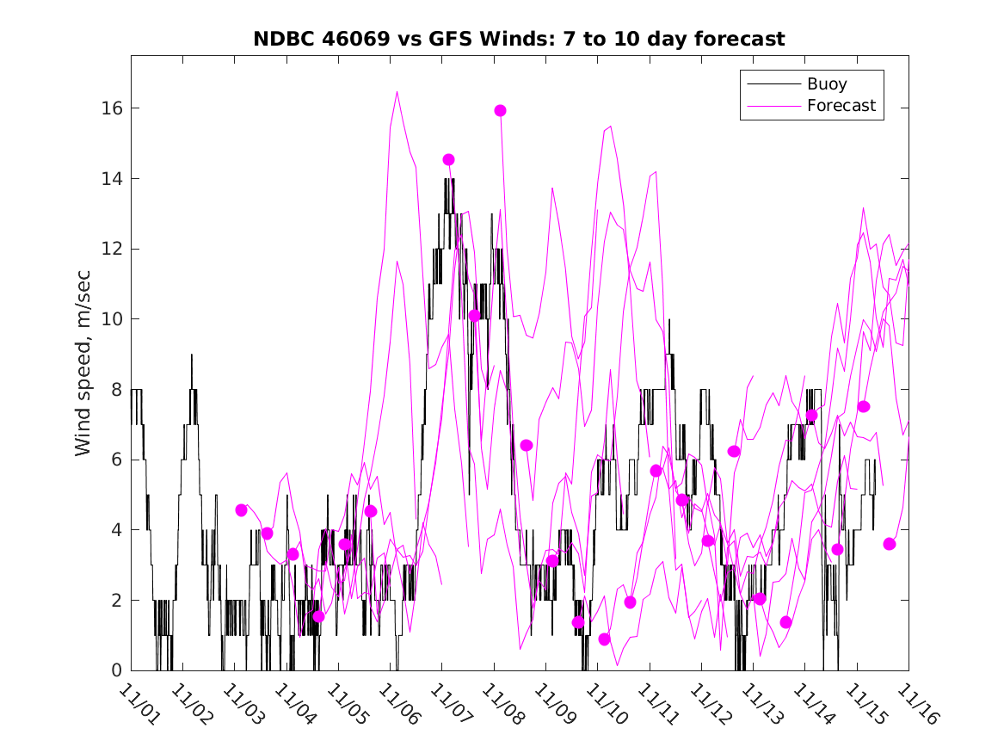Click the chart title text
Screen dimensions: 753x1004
pos(519,40)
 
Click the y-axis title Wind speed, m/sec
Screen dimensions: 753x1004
pos(83,362)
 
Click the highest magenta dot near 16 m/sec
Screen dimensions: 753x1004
pos(500,110)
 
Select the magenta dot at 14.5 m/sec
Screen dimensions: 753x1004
pos(448,159)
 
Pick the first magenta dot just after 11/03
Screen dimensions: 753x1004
pos(241,510)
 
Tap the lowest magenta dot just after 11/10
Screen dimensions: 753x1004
pos(604,639)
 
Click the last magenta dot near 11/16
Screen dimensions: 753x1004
pos(889,544)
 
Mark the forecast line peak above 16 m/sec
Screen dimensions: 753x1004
pos(397,92)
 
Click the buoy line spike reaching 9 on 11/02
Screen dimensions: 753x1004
pos(192,355)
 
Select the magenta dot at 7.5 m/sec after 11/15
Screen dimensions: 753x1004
pos(863,406)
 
